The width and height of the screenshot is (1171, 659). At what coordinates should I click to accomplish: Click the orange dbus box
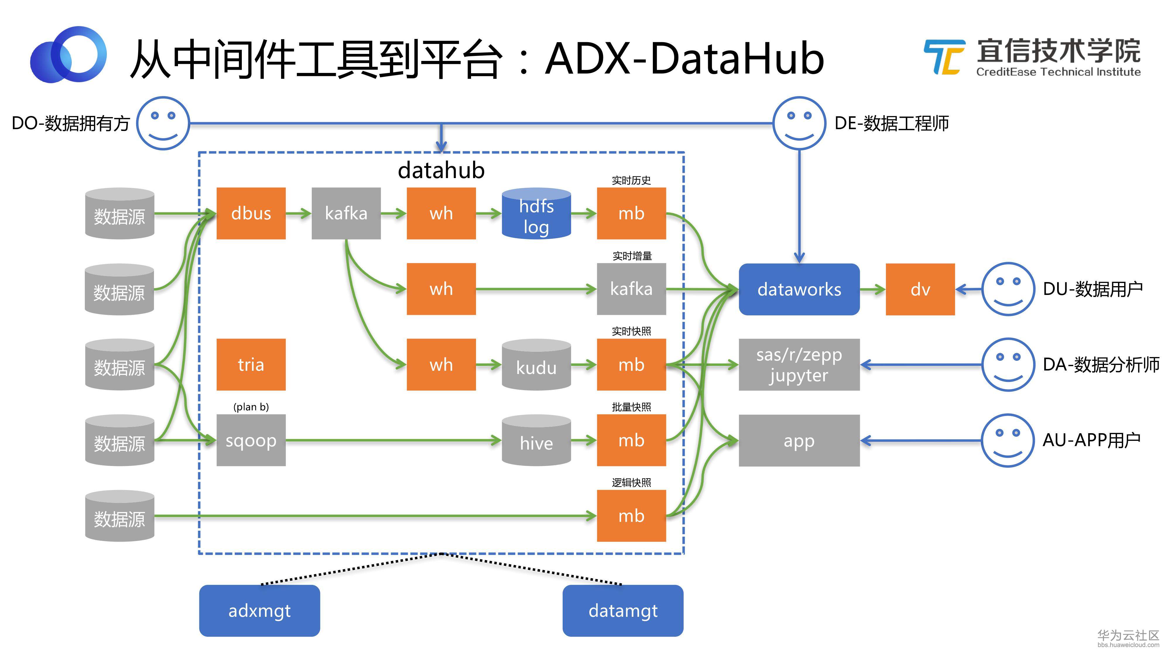coord(251,213)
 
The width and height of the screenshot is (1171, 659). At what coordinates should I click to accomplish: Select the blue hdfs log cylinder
coord(536,213)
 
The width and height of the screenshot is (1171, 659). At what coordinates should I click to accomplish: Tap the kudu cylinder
coord(536,365)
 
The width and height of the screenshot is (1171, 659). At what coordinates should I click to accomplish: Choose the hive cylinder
coord(536,440)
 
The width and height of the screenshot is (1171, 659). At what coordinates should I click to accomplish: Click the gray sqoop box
coord(251,440)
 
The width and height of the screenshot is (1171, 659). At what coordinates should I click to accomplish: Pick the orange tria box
coord(251,365)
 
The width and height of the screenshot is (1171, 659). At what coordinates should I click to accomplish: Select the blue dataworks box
coord(799,289)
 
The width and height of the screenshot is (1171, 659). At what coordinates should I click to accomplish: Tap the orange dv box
coord(920,289)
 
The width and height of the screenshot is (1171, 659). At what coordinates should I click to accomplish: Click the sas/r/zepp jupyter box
coord(799,365)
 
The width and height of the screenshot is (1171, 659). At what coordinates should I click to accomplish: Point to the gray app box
coord(799,440)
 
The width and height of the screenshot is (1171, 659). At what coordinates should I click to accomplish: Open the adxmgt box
coord(260,611)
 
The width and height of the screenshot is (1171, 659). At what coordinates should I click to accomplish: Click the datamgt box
coord(623,611)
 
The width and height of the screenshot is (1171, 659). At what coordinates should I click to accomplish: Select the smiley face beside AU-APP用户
coord(1008,440)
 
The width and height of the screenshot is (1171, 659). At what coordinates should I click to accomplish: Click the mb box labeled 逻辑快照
coord(631,516)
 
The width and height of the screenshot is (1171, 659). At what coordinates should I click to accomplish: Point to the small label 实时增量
coord(632,256)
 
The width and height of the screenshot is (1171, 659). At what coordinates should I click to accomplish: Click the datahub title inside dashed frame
coord(441,170)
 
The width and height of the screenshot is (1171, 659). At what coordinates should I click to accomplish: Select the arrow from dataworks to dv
coord(873,289)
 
